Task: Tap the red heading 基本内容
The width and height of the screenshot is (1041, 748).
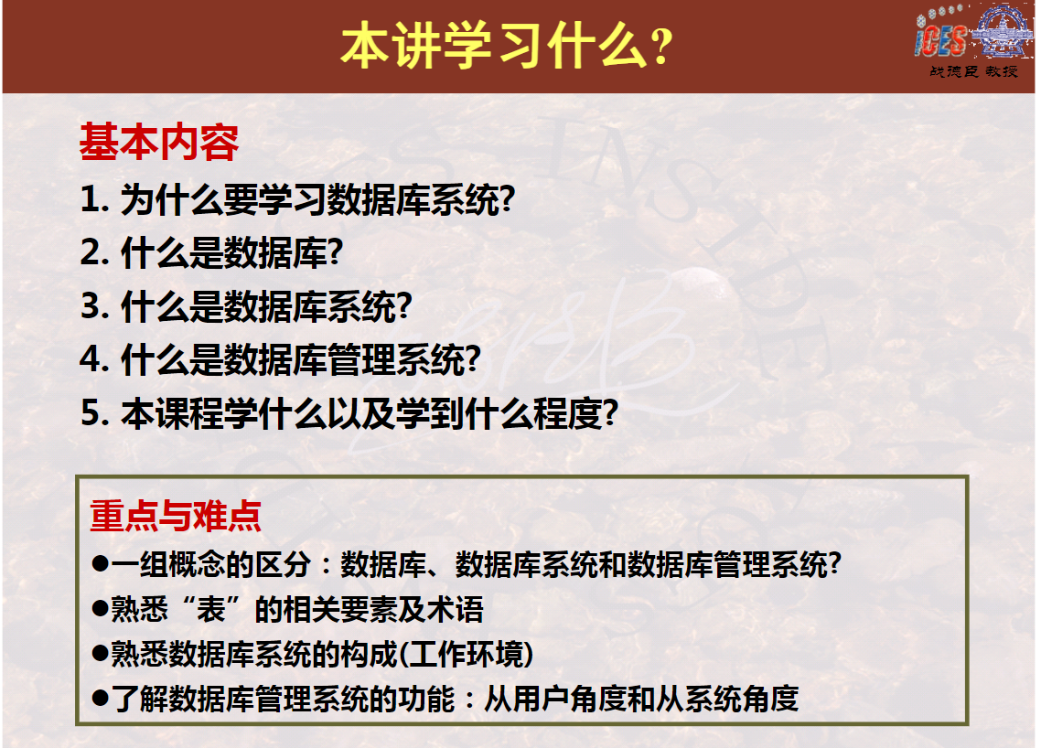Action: tap(158, 142)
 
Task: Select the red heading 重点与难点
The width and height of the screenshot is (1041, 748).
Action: tap(176, 517)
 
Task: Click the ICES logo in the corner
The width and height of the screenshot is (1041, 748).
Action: tap(972, 33)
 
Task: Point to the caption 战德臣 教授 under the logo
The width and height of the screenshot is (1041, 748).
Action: tap(973, 71)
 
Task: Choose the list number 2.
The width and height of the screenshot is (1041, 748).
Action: tap(94, 253)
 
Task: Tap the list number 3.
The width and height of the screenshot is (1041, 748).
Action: tap(94, 306)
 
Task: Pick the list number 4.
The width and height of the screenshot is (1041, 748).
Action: tap(94, 359)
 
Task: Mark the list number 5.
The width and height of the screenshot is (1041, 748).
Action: tap(94, 413)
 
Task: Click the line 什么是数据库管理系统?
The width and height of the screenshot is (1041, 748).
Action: tap(301, 359)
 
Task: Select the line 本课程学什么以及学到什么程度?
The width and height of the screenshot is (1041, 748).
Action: tap(370, 413)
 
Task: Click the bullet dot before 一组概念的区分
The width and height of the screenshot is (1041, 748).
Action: tap(101, 564)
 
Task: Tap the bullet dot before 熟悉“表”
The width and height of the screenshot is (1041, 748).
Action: tap(101, 609)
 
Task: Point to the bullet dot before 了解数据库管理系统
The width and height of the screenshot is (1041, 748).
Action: tap(101, 699)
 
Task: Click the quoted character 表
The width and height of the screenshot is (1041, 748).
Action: tap(211, 609)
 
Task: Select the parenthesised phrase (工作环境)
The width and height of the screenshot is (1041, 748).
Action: tap(466, 655)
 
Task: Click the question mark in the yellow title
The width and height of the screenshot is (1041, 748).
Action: tap(661, 48)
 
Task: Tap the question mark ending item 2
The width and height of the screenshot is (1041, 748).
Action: tap(336, 253)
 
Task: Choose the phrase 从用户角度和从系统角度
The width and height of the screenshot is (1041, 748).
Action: tap(641, 699)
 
